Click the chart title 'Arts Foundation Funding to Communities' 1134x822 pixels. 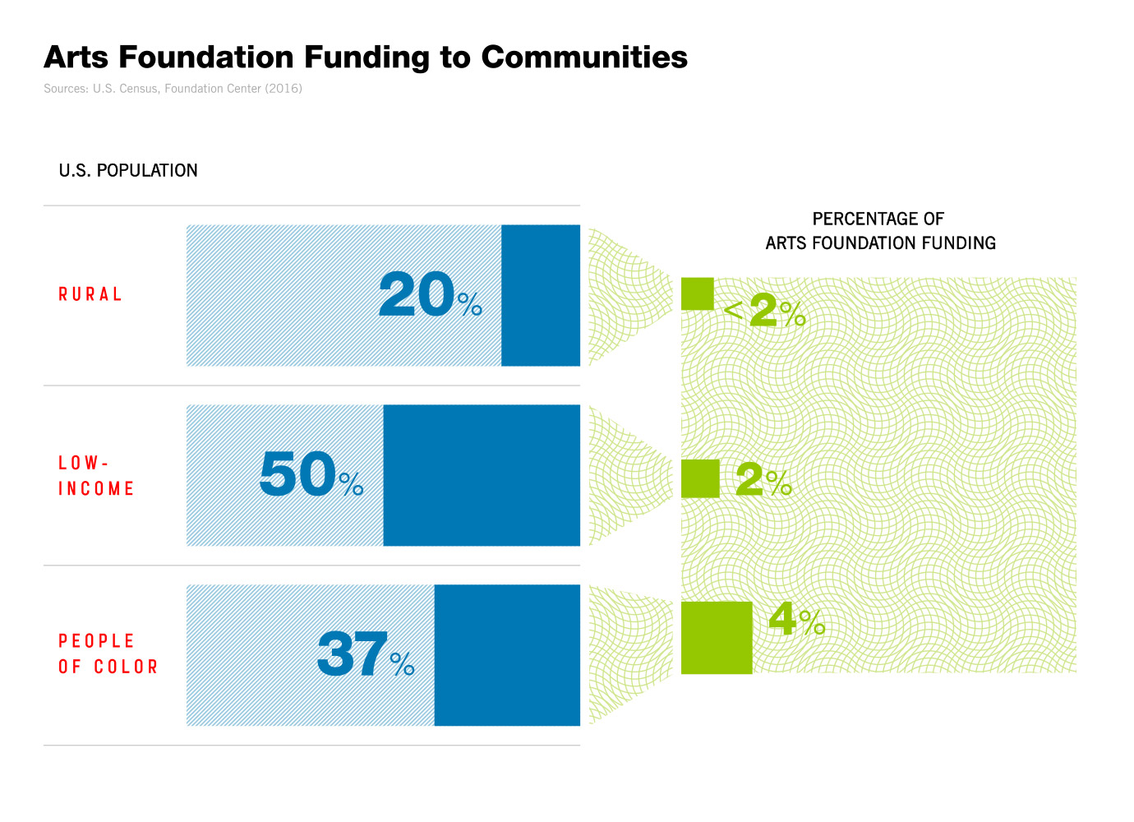click(x=365, y=58)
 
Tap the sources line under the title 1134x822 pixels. click(x=173, y=89)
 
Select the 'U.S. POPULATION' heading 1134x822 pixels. click(x=128, y=171)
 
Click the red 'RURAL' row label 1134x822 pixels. click(x=90, y=294)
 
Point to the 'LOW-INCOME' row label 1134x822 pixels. click(x=95, y=476)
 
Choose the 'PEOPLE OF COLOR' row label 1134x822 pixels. click(x=107, y=654)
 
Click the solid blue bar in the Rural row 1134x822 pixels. click(x=541, y=295)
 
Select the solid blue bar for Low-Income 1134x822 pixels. click(x=482, y=475)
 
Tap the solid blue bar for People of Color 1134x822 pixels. click(x=507, y=655)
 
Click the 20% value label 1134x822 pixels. click(x=430, y=295)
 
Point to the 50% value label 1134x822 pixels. click(x=311, y=475)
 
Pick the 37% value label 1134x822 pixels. click(x=366, y=655)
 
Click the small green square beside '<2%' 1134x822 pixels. click(x=697, y=293)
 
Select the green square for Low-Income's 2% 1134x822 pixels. click(x=700, y=478)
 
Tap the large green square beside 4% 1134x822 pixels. click(x=717, y=638)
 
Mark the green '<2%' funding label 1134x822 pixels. click(x=765, y=311)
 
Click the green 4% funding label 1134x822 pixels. click(x=796, y=620)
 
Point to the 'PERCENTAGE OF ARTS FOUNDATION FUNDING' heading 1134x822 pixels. click(x=879, y=231)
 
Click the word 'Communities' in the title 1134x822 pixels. click(x=584, y=58)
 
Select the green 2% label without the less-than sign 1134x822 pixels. click(x=763, y=480)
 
